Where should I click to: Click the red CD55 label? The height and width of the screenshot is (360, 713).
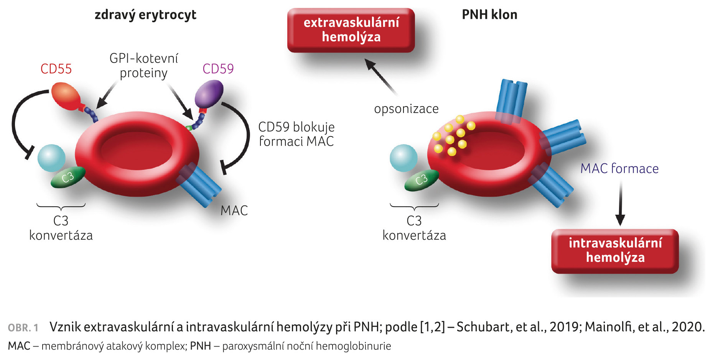click(x=56, y=69)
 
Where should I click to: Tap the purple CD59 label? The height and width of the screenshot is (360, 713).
click(x=218, y=69)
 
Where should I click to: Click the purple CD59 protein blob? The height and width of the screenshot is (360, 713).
click(x=209, y=94)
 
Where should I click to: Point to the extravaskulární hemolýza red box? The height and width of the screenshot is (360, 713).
click(x=351, y=30)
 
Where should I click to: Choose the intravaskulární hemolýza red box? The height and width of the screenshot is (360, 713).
click(x=615, y=250)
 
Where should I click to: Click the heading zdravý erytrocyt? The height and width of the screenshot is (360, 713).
click(x=145, y=15)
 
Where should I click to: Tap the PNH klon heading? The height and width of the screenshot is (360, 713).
click(x=489, y=15)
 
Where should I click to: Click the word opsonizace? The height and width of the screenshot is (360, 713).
click(x=406, y=109)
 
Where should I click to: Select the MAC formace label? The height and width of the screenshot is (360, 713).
click(x=619, y=169)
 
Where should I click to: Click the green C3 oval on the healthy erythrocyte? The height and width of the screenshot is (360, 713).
click(x=68, y=177)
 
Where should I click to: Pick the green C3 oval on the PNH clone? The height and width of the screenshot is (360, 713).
click(x=422, y=179)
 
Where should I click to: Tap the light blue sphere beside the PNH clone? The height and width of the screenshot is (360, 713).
click(x=403, y=158)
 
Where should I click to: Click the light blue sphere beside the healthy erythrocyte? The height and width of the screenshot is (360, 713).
click(x=51, y=158)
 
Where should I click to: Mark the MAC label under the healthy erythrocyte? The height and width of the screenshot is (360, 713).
click(x=234, y=210)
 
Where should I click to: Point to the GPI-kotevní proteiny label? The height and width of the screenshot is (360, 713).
click(x=143, y=66)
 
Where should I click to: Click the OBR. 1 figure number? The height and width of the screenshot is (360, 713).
click(x=23, y=328)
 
